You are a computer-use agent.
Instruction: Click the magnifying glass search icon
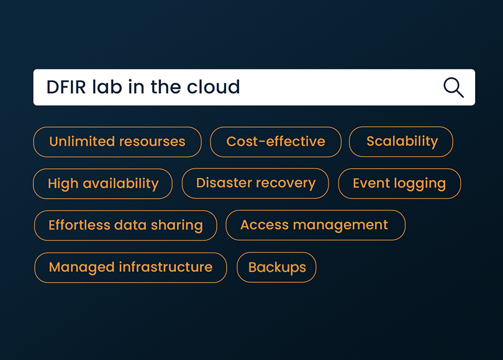pos(453,87)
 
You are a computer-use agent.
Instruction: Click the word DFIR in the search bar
pos(66,87)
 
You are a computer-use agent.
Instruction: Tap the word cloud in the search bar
pos(214,86)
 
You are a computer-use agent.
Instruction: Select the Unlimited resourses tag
pos(117,142)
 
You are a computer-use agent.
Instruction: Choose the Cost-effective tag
pos(276,142)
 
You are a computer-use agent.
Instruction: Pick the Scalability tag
pos(401,142)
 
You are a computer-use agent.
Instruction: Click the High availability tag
pos(102,184)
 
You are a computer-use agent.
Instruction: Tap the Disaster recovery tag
pos(255,183)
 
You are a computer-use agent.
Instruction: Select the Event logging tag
pos(399,184)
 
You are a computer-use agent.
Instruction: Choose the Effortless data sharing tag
pos(125,225)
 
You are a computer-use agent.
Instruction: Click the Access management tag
pos(315,225)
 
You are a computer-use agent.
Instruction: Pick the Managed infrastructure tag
pos(130,268)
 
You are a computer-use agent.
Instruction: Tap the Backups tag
pos(276,268)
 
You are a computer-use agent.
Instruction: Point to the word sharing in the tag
pos(177,226)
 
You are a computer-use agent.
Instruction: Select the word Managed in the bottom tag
pos(82,268)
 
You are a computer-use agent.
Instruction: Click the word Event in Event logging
pos(371,183)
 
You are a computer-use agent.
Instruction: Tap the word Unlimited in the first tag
pos(82,142)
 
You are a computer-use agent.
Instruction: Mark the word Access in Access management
pos(265,225)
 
